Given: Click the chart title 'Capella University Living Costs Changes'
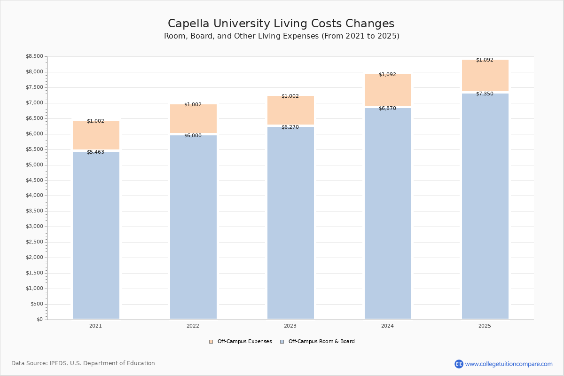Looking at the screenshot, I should point(281,24).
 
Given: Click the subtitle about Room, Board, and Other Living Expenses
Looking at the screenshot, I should point(282,36).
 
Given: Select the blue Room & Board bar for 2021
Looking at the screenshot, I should point(96,235).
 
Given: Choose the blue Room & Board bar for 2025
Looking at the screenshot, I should point(485,207).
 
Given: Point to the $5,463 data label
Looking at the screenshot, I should point(95,152).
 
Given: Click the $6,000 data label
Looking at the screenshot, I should point(193,135).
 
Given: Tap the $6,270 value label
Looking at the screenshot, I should point(290,127).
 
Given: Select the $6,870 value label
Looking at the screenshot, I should point(387,108).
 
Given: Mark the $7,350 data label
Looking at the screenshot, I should point(485,94).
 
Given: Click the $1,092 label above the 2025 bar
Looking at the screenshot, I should point(485,60).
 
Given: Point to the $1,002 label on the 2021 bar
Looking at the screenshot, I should point(95,121).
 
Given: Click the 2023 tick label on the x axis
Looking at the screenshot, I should point(290,326).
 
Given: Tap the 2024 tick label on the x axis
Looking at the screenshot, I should point(387,326).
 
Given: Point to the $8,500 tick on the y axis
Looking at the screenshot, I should point(34,56).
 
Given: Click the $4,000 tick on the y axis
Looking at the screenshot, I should point(34,196).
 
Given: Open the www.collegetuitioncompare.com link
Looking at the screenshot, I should point(509,364).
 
